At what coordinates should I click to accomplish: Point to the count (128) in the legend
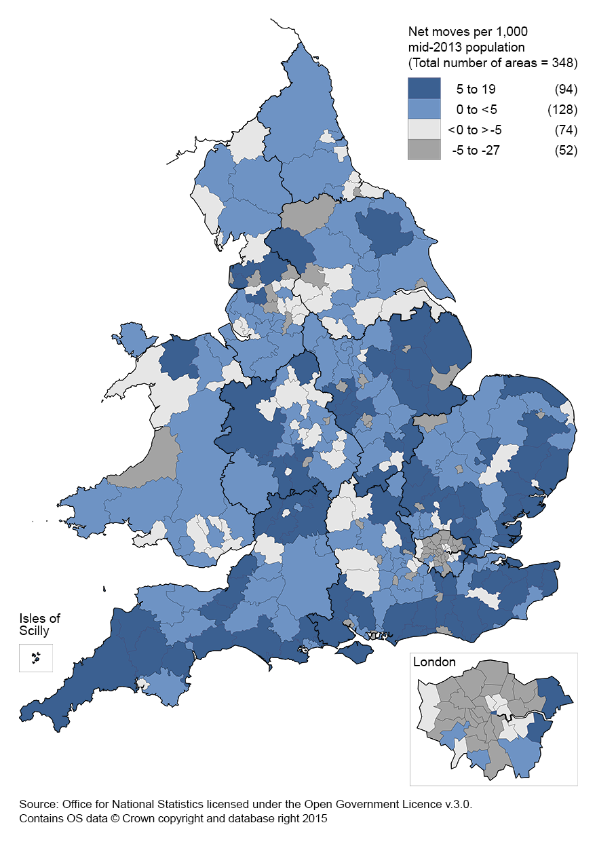[x=562, y=109]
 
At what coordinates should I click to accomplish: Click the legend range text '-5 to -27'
[x=476, y=150]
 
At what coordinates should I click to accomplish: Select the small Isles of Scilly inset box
[x=36, y=657]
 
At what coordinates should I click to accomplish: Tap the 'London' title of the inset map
[x=434, y=662]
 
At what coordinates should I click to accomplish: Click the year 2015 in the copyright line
[x=315, y=819]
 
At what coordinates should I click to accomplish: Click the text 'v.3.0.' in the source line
[x=458, y=804]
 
